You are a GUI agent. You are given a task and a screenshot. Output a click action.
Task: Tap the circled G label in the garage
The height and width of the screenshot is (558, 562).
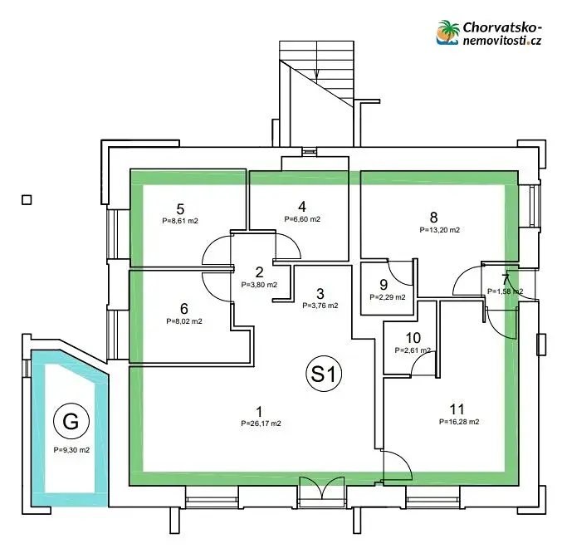click(x=71, y=422)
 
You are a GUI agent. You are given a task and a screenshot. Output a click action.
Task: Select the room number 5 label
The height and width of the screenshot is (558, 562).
click(x=180, y=208)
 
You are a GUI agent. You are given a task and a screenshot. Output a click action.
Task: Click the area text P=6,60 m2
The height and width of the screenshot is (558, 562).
click(x=302, y=220)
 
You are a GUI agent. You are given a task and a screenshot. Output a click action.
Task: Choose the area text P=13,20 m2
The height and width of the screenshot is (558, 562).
click(x=440, y=229)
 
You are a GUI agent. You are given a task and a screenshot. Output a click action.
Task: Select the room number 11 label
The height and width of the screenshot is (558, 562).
click(x=457, y=409)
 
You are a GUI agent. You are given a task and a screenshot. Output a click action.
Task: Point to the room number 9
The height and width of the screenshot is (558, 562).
click(x=384, y=283)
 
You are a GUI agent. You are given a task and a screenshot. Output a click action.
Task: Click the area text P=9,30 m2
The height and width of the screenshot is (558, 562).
click(x=71, y=450)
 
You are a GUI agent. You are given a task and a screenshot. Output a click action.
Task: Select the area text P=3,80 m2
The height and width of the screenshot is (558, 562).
click(x=259, y=285)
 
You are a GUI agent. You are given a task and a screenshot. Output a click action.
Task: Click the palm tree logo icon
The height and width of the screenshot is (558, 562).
click(x=449, y=32)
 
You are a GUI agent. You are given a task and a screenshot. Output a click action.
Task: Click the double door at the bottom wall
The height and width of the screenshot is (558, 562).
click(x=320, y=489)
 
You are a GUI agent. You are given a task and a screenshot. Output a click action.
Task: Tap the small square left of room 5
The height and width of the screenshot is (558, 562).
click(x=27, y=199)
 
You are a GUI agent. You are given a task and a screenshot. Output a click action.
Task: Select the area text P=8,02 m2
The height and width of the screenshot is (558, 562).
click(x=184, y=320)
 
